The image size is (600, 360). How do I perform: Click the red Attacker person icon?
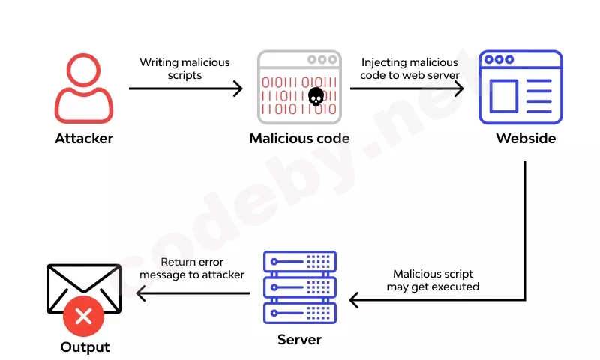pyautogui.click(x=84, y=88)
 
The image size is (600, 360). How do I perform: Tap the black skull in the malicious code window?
pyautogui.click(x=316, y=97)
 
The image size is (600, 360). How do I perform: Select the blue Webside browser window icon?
pyautogui.click(x=520, y=87)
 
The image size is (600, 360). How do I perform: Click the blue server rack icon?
pyautogui.click(x=300, y=287)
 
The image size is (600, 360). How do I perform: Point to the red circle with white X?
pyautogui.click(x=83, y=316)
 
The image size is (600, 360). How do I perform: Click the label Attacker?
pyautogui.click(x=84, y=139)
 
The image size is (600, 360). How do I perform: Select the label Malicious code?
pyautogui.click(x=299, y=139)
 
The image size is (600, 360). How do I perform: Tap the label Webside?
pyautogui.click(x=526, y=139)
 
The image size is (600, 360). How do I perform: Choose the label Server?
pyautogui.click(x=299, y=339)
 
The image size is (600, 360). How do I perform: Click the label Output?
pyautogui.click(x=85, y=347)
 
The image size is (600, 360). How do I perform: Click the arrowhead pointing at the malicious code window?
pyautogui.click(x=238, y=88)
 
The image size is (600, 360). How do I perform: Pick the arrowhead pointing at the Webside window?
pyautogui.click(x=459, y=88)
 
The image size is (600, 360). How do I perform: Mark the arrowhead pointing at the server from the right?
pyautogui.click(x=354, y=300)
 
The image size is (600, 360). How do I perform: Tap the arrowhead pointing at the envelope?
pyautogui.click(x=141, y=293)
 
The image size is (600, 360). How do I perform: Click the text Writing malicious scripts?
pyautogui.click(x=184, y=68)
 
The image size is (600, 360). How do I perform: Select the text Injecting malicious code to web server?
pyautogui.click(x=409, y=68)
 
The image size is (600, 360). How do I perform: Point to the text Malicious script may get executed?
pyautogui.click(x=433, y=280)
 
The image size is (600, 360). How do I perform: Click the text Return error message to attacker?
pyautogui.click(x=192, y=268)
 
